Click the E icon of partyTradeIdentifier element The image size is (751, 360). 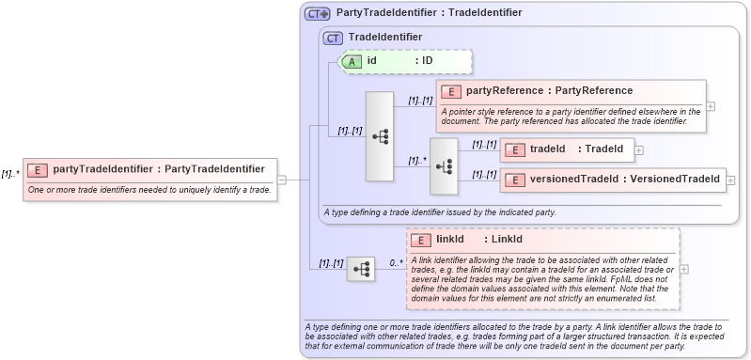[39, 170]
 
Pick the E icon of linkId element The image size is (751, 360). [421, 240]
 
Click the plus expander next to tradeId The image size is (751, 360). [639, 149]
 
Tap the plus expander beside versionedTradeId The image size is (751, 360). [731, 179]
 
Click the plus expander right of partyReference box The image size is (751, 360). [711, 105]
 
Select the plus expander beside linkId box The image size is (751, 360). [683, 269]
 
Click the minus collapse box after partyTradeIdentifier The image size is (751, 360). [282, 180]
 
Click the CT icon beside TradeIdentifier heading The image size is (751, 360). [333, 38]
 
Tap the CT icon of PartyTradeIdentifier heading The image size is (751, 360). [317, 13]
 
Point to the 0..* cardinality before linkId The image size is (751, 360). [396, 262]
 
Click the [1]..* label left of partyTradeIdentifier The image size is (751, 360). [10, 173]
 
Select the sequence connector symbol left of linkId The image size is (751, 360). [360, 270]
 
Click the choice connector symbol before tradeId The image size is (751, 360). [444, 166]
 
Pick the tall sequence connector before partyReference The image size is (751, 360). [380, 136]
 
